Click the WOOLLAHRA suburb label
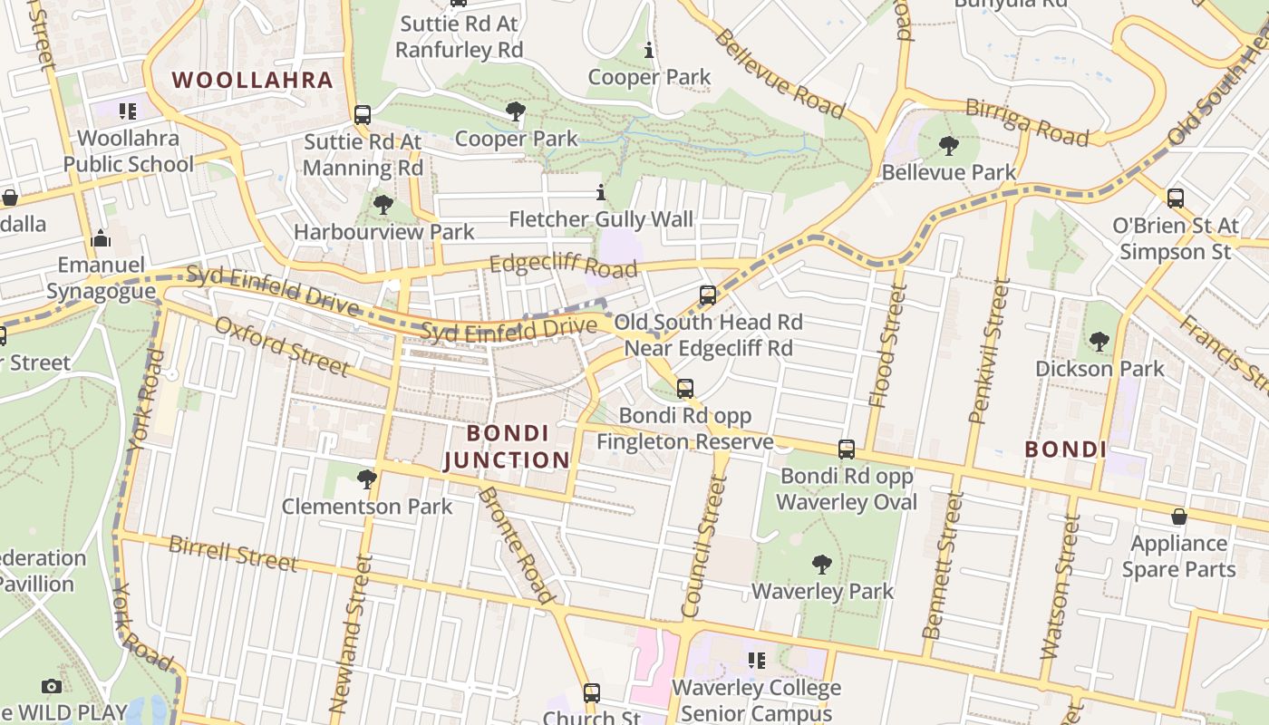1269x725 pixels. click(x=253, y=80)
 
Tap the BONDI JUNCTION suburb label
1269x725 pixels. click(x=508, y=446)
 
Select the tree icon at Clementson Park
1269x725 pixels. click(x=367, y=478)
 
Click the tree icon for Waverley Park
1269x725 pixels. click(x=822, y=565)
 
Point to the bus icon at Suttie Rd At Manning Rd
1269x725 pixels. click(x=363, y=115)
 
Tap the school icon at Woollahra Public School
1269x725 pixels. click(x=128, y=111)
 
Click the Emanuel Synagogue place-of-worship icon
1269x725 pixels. click(x=101, y=239)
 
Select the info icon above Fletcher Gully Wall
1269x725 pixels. click(x=600, y=192)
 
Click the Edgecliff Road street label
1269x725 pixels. click(x=563, y=266)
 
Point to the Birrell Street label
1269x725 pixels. click(x=233, y=553)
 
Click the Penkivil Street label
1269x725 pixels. click(x=989, y=352)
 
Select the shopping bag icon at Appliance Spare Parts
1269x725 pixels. click(x=1178, y=517)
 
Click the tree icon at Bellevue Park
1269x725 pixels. click(x=949, y=145)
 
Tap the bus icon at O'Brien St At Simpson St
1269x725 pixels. click(x=1176, y=198)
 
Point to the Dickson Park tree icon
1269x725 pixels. click(x=1099, y=342)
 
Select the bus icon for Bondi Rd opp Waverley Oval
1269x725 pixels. click(x=847, y=449)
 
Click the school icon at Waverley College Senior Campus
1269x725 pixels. click(x=756, y=661)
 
